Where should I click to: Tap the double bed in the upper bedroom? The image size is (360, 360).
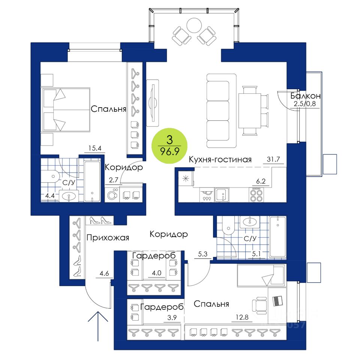tap(66, 109)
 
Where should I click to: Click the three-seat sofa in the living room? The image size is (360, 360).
tap(221, 111)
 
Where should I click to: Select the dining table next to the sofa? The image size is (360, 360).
tap(250, 111)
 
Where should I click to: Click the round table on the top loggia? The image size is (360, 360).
tap(194, 26)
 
